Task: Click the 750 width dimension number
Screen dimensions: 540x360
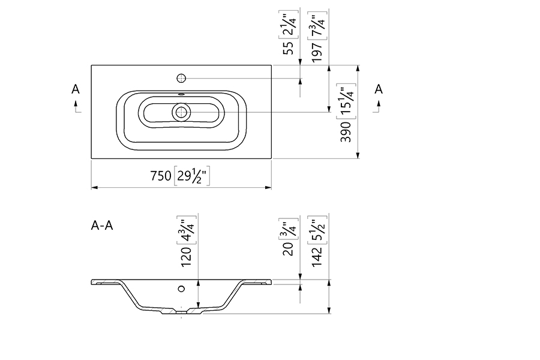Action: tap(160, 176)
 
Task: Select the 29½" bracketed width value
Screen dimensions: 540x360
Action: tap(192, 176)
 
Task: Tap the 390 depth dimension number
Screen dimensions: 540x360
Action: tap(346, 131)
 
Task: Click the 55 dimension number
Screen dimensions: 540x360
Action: tap(289, 47)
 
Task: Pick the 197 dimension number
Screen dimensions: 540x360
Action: tap(317, 52)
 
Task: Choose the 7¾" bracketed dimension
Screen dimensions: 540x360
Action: tap(317, 25)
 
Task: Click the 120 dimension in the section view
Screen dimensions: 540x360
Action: tap(186, 257)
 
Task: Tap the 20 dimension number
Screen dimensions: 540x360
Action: tap(288, 249)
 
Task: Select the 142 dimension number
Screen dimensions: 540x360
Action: tap(317, 256)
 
